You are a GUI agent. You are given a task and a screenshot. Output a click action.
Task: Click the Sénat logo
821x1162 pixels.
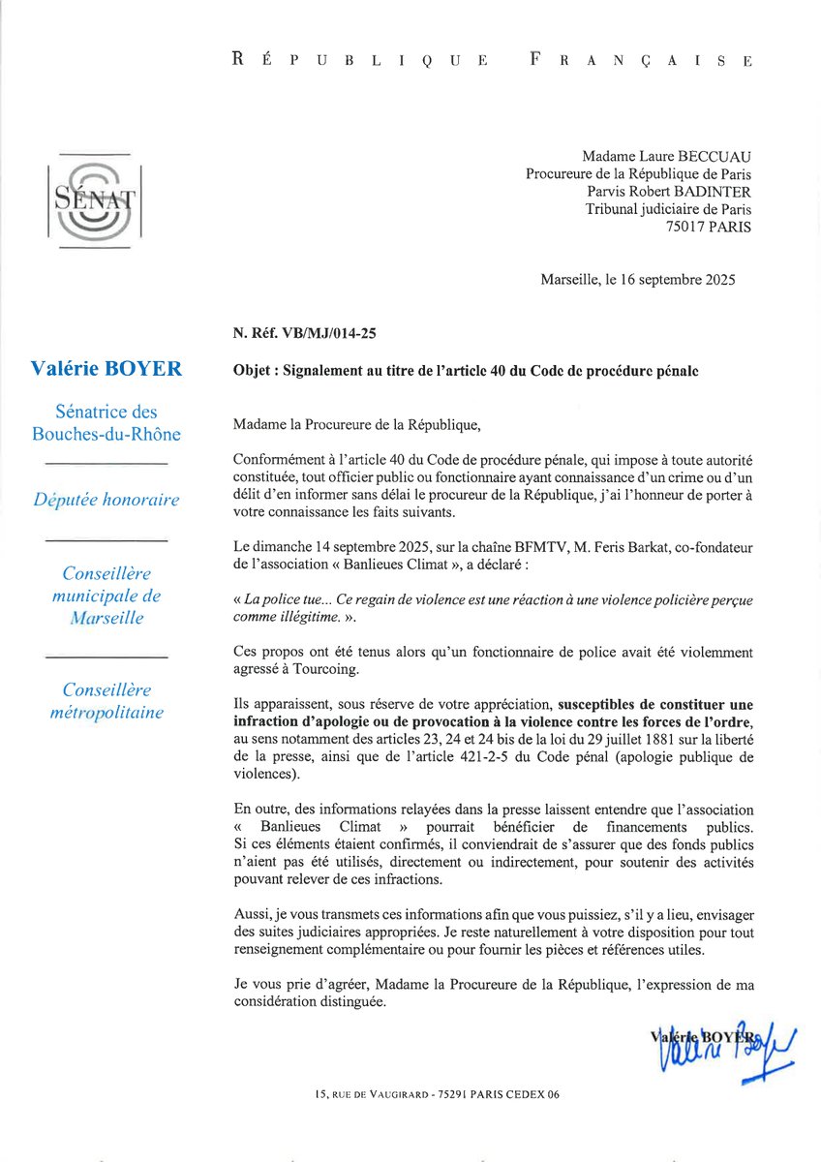point(94,201)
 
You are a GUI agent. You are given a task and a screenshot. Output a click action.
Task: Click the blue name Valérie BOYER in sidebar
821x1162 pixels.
point(106,368)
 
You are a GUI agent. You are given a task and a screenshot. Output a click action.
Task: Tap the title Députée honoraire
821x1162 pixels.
point(106,499)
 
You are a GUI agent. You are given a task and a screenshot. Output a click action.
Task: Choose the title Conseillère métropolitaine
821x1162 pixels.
point(106,701)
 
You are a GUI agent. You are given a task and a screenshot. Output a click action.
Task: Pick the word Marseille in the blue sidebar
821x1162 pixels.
point(106,618)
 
